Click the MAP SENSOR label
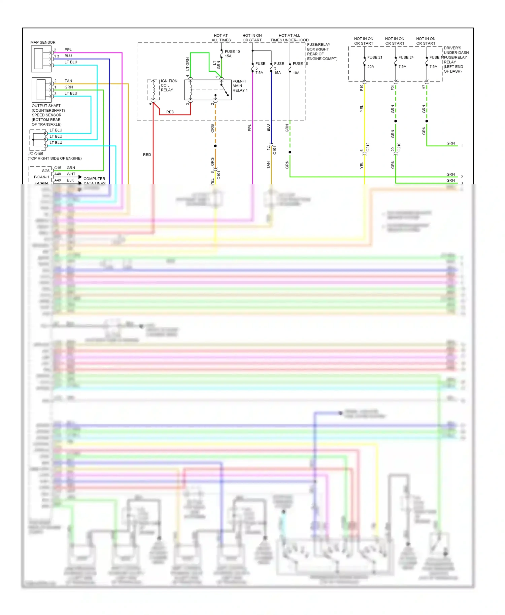pos(43,42)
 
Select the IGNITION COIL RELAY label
pos(169,85)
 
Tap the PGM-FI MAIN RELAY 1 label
pos(240,86)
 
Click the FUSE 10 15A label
pos(232,54)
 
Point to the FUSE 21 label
pos(375,58)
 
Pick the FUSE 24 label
pos(406,58)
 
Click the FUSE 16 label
pos(300,64)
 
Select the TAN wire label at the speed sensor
pos(68,81)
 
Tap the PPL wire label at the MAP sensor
pos(68,50)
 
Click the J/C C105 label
pos(35,154)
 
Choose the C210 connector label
pos(399,147)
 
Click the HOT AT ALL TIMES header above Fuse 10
pos(221,38)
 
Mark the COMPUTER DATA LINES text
pos(94,181)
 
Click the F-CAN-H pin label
pos(41,177)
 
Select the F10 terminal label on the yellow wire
pos(362,87)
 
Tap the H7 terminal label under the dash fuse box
pos(424,87)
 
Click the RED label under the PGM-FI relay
pos(170,112)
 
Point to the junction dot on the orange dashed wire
pos(215,146)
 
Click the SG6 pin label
pos(46,171)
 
